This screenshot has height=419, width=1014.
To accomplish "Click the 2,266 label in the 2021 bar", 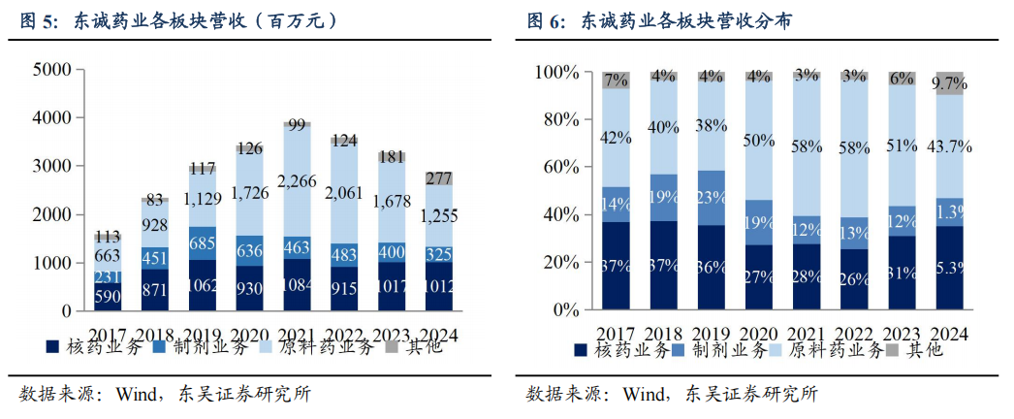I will tap(298, 180).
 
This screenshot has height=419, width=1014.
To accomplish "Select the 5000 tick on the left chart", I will tap(51, 70).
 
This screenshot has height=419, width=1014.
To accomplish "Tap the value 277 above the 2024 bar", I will tap(439, 177).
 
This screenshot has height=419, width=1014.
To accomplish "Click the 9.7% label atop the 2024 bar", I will tap(950, 84).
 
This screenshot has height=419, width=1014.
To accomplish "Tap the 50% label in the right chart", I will tap(759, 142).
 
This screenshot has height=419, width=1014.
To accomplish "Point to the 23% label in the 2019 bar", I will tap(712, 198).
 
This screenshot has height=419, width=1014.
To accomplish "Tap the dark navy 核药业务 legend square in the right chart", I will tap(581, 350).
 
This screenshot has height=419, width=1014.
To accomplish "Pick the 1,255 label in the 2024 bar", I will tap(439, 218).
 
